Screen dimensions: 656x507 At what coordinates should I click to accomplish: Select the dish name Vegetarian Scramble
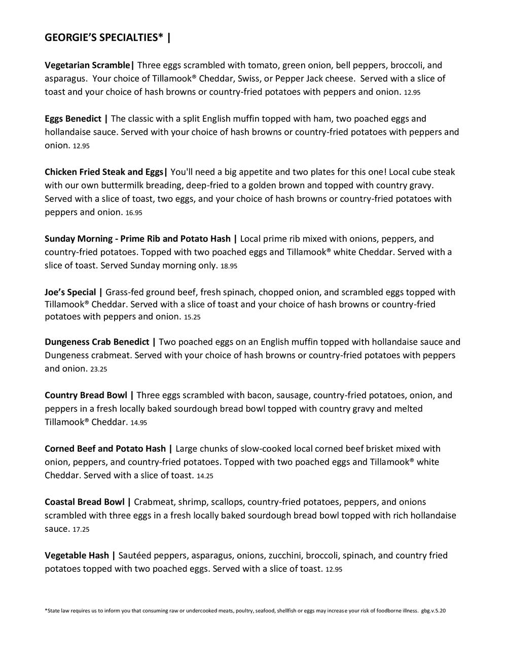point(87,65)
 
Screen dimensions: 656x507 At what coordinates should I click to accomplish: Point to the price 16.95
point(134,213)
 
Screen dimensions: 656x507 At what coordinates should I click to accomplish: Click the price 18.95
point(229,266)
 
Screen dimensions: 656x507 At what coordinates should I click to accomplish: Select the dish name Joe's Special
point(70,293)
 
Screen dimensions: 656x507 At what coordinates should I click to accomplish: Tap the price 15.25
point(192,317)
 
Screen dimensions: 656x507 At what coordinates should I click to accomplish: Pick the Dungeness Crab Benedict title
point(97,342)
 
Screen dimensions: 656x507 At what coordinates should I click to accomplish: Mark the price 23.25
point(98,370)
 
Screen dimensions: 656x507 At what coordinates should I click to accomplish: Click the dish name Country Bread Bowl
point(86,395)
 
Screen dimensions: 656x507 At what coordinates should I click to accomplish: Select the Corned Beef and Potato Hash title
point(105,449)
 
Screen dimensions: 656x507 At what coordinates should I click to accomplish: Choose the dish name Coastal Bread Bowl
point(85,502)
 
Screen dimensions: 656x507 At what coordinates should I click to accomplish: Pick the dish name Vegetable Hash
point(77,556)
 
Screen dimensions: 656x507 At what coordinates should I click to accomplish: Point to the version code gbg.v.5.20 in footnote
point(433,611)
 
